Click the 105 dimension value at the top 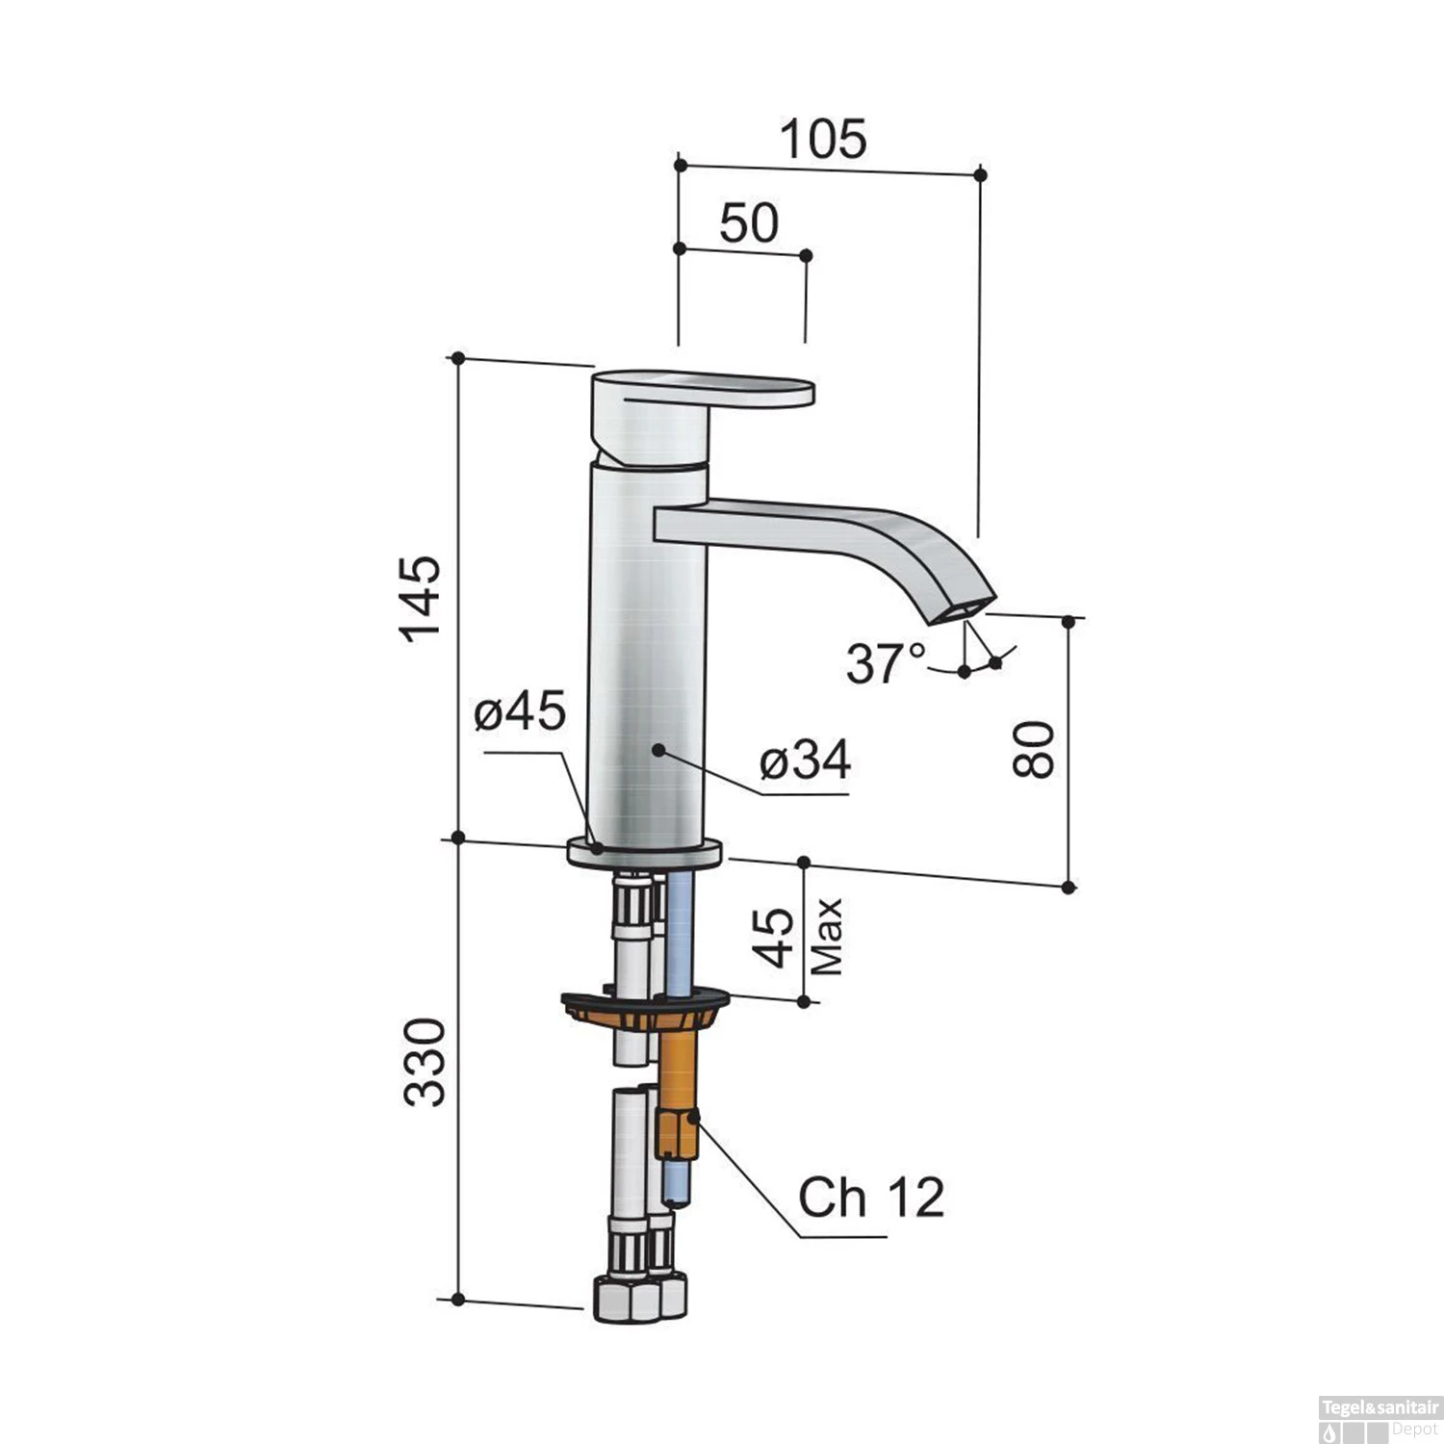823,140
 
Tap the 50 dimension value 749,223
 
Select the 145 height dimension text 421,599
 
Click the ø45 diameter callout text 520,712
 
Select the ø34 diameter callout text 805,761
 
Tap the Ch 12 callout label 871,1198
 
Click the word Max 827,937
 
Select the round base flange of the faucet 644,853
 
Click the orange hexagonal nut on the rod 676,1133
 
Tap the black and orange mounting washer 644,1006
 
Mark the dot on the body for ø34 658,748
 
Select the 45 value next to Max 775,937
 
